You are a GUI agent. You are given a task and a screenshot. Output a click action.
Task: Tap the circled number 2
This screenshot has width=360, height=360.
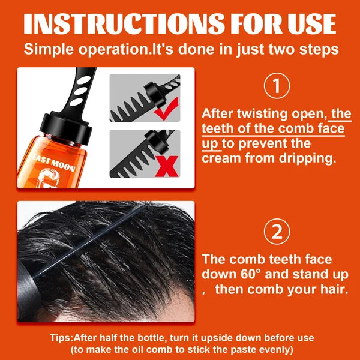click(x=277, y=232)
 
